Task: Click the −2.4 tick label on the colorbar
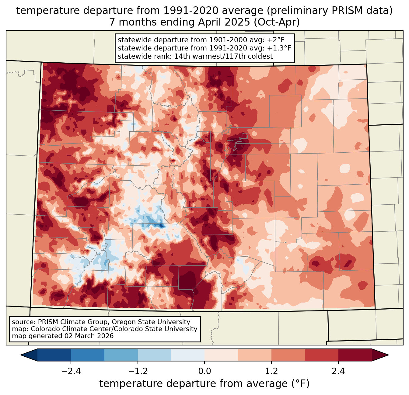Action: point(71,371)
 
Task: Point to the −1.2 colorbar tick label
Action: point(138,371)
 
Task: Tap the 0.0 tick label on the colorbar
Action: point(204,371)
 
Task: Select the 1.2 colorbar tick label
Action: point(271,371)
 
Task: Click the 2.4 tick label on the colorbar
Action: point(338,371)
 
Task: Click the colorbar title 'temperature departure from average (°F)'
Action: point(204,383)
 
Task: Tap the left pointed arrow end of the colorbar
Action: point(29,355)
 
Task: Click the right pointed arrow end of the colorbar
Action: point(380,355)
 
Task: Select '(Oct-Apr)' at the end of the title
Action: point(277,22)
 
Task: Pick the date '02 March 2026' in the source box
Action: point(88,336)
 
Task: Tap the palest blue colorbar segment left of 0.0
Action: point(188,355)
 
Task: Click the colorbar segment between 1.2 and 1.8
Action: point(288,355)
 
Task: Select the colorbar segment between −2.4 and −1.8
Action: point(88,355)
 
